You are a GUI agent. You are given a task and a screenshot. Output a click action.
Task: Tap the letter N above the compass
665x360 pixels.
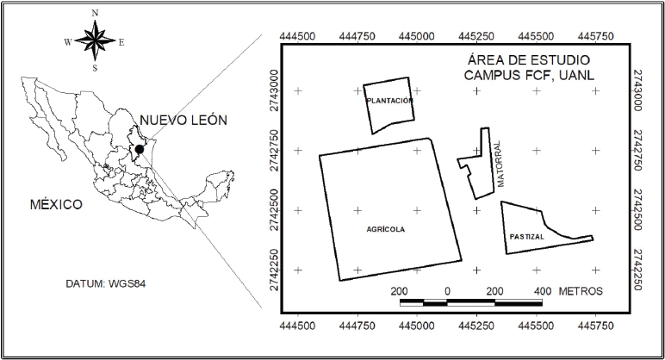tap(95, 13)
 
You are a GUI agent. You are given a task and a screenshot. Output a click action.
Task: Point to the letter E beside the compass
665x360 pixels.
tap(121, 42)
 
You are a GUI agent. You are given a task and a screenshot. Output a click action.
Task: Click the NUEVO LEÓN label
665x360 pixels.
tap(183, 120)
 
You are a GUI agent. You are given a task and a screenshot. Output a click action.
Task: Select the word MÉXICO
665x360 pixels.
tap(56, 204)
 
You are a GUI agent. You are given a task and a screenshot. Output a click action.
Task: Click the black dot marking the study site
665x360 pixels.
tap(139, 149)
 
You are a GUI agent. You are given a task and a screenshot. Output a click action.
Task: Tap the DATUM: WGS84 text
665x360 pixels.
tap(106, 283)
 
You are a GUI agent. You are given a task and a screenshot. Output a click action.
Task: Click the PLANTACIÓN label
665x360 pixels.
tap(389, 101)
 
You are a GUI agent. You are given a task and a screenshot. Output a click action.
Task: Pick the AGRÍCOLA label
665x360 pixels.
tap(386, 229)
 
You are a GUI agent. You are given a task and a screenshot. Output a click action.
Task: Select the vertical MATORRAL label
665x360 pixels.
tap(500, 164)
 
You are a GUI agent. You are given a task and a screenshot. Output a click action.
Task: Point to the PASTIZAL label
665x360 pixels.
tap(526, 237)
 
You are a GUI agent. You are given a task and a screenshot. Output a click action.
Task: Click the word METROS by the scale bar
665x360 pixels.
tap(581, 291)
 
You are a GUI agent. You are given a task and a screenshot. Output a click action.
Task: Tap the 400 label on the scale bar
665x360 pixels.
tap(543, 291)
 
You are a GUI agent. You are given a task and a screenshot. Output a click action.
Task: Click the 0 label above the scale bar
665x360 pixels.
tap(447, 291)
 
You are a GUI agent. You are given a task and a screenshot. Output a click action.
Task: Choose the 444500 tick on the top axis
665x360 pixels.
tap(298, 36)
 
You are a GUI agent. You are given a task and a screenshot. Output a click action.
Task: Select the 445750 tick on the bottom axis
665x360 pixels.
tap(596, 326)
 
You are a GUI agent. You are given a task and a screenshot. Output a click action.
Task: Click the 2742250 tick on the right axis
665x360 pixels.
tap(637, 270)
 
